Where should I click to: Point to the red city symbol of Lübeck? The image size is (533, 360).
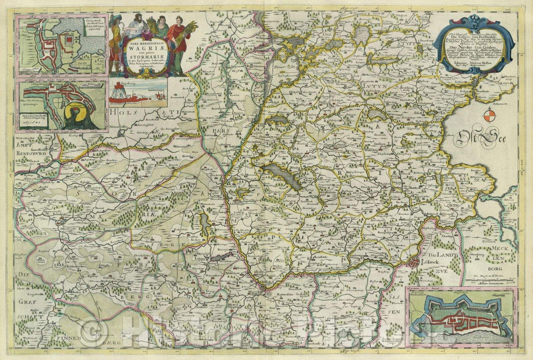(415, 262)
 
